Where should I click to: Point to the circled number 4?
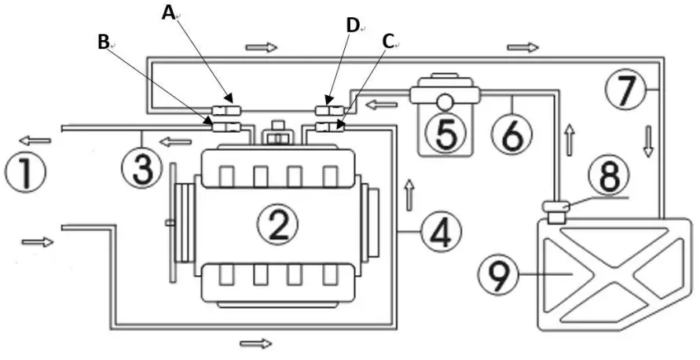pos(441,231)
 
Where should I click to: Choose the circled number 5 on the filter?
pos(445,132)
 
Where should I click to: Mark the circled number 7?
pos(626,90)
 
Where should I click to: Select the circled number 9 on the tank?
pos(498,274)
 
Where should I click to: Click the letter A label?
pos(168,13)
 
